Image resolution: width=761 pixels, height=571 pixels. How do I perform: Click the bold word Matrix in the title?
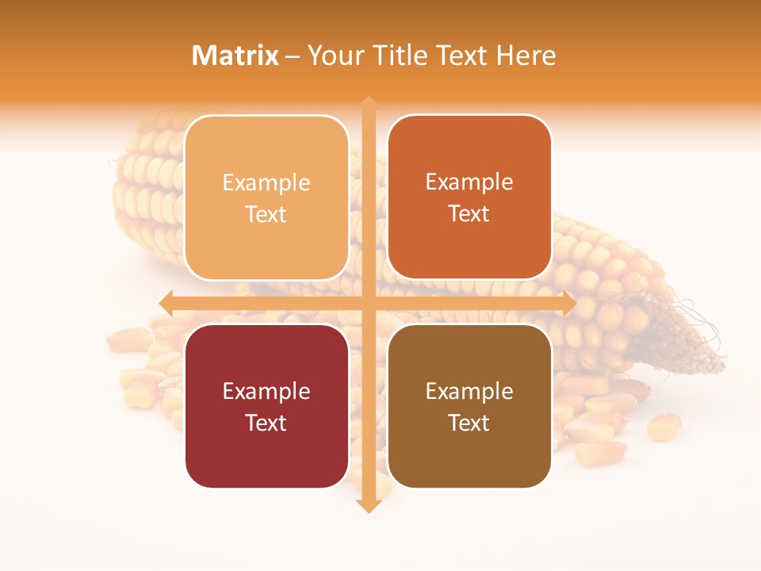[x=235, y=56]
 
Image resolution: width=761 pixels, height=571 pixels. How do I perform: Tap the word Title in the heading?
[x=395, y=56]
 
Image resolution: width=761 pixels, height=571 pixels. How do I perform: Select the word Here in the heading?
[x=526, y=56]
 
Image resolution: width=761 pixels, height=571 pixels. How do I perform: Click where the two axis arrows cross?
[x=368, y=303]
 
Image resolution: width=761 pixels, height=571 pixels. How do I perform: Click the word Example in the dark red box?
[x=266, y=392]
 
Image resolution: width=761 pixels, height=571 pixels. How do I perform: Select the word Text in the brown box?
[x=469, y=423]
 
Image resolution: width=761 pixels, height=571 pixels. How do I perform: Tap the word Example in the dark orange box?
[x=469, y=182]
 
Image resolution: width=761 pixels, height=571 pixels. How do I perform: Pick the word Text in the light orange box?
[x=266, y=214]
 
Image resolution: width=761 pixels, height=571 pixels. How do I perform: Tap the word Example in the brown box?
[x=469, y=392]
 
